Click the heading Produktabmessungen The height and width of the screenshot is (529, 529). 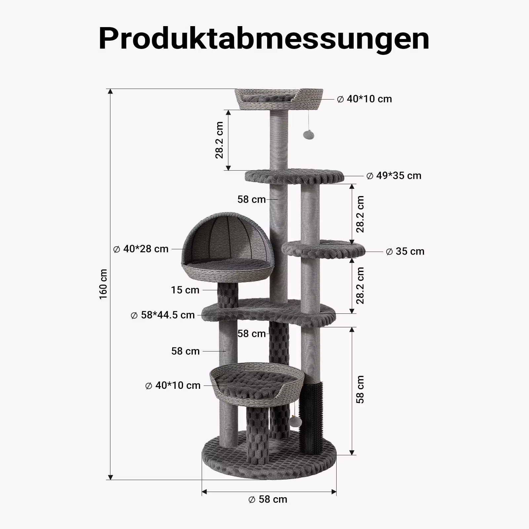[x=264, y=39]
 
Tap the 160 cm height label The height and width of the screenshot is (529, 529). [x=103, y=284]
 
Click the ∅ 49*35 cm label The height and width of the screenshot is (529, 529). [x=394, y=176]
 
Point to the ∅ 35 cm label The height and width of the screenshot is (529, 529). [x=405, y=251]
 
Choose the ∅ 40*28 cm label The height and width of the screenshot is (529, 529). [x=141, y=249]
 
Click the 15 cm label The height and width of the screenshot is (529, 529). [x=185, y=290]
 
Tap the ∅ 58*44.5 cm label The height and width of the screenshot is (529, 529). [x=163, y=315]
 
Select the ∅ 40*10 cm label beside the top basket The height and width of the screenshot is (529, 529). [x=364, y=99]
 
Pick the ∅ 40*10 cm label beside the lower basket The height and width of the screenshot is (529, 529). [x=173, y=386]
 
